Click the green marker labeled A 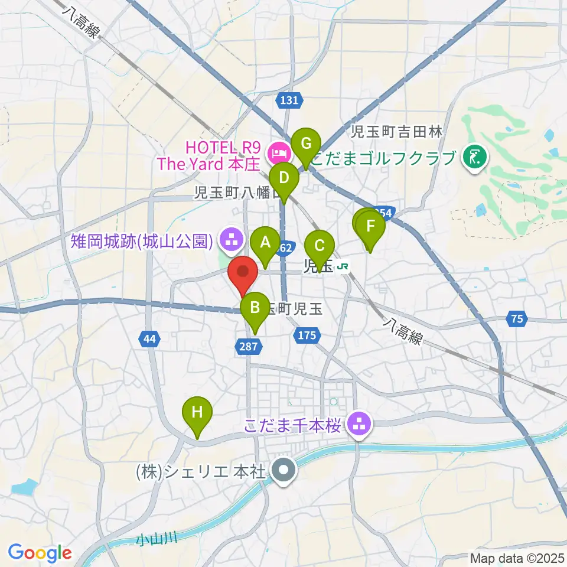265,242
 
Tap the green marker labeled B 255,308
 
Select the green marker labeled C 320,246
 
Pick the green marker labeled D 284,178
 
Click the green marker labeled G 306,144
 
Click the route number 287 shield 249,347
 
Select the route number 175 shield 307,335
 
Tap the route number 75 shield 517,319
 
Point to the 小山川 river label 157,538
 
